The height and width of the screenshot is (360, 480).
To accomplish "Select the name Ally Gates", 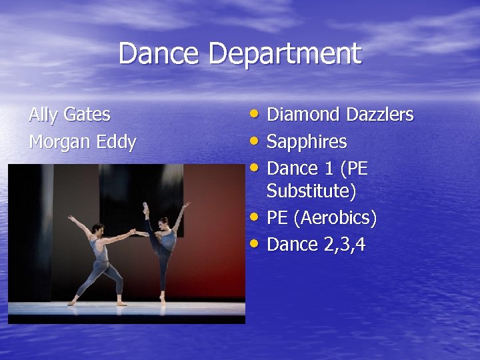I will coord(69,115).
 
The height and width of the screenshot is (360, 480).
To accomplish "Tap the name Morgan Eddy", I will coord(82,142).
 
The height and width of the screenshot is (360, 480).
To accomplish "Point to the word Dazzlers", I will coord(379,115).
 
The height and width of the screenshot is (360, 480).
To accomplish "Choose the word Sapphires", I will coord(307,142).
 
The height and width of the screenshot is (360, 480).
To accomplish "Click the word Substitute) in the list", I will coord(311,191).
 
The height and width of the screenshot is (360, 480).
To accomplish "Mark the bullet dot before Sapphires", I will coord(257,141).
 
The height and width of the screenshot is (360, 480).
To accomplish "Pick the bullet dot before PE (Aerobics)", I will coord(257,217).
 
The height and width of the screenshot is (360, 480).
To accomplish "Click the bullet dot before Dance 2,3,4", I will coord(257,244).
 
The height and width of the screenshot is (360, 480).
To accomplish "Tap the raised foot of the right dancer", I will coord(145,207).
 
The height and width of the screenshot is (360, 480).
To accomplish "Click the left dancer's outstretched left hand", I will coord(71,218).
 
